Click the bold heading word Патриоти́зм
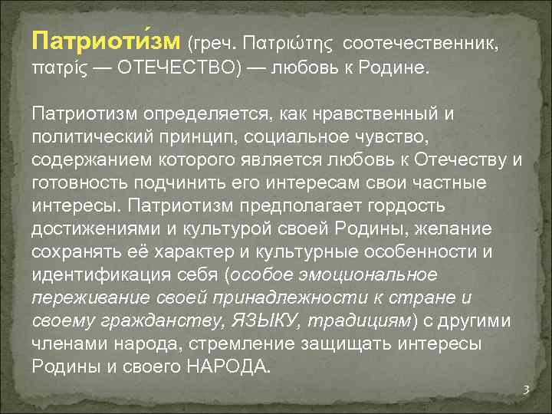click(106, 39)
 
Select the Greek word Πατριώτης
click(287, 40)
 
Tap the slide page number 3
click(526, 390)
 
